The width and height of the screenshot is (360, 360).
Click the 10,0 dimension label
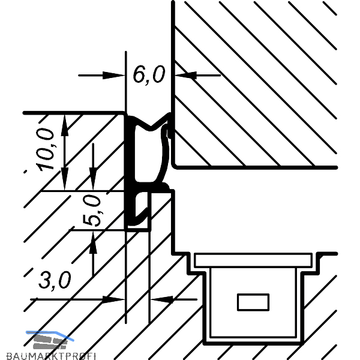(45, 149)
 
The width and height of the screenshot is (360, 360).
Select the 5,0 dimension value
(91, 211)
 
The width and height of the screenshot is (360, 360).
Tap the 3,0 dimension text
(55, 280)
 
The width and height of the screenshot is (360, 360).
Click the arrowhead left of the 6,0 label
(113, 75)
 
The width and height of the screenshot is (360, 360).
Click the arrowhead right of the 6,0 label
(185, 75)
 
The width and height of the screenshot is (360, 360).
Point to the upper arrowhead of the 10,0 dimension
(65, 125)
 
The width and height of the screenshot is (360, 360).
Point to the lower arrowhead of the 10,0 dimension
(65, 179)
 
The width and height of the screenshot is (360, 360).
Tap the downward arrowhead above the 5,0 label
(93, 179)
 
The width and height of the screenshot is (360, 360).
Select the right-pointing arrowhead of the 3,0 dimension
(113, 299)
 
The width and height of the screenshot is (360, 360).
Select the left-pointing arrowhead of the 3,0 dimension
(162, 299)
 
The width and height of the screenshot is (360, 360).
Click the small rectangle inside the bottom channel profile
(253, 302)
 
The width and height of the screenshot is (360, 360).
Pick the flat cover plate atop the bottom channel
(253, 260)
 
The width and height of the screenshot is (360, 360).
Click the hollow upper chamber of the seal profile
(149, 156)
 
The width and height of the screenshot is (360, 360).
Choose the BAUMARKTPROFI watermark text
(51, 356)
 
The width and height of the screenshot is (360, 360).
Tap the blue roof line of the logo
(50, 335)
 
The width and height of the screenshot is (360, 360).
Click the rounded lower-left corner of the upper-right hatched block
(175, 166)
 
